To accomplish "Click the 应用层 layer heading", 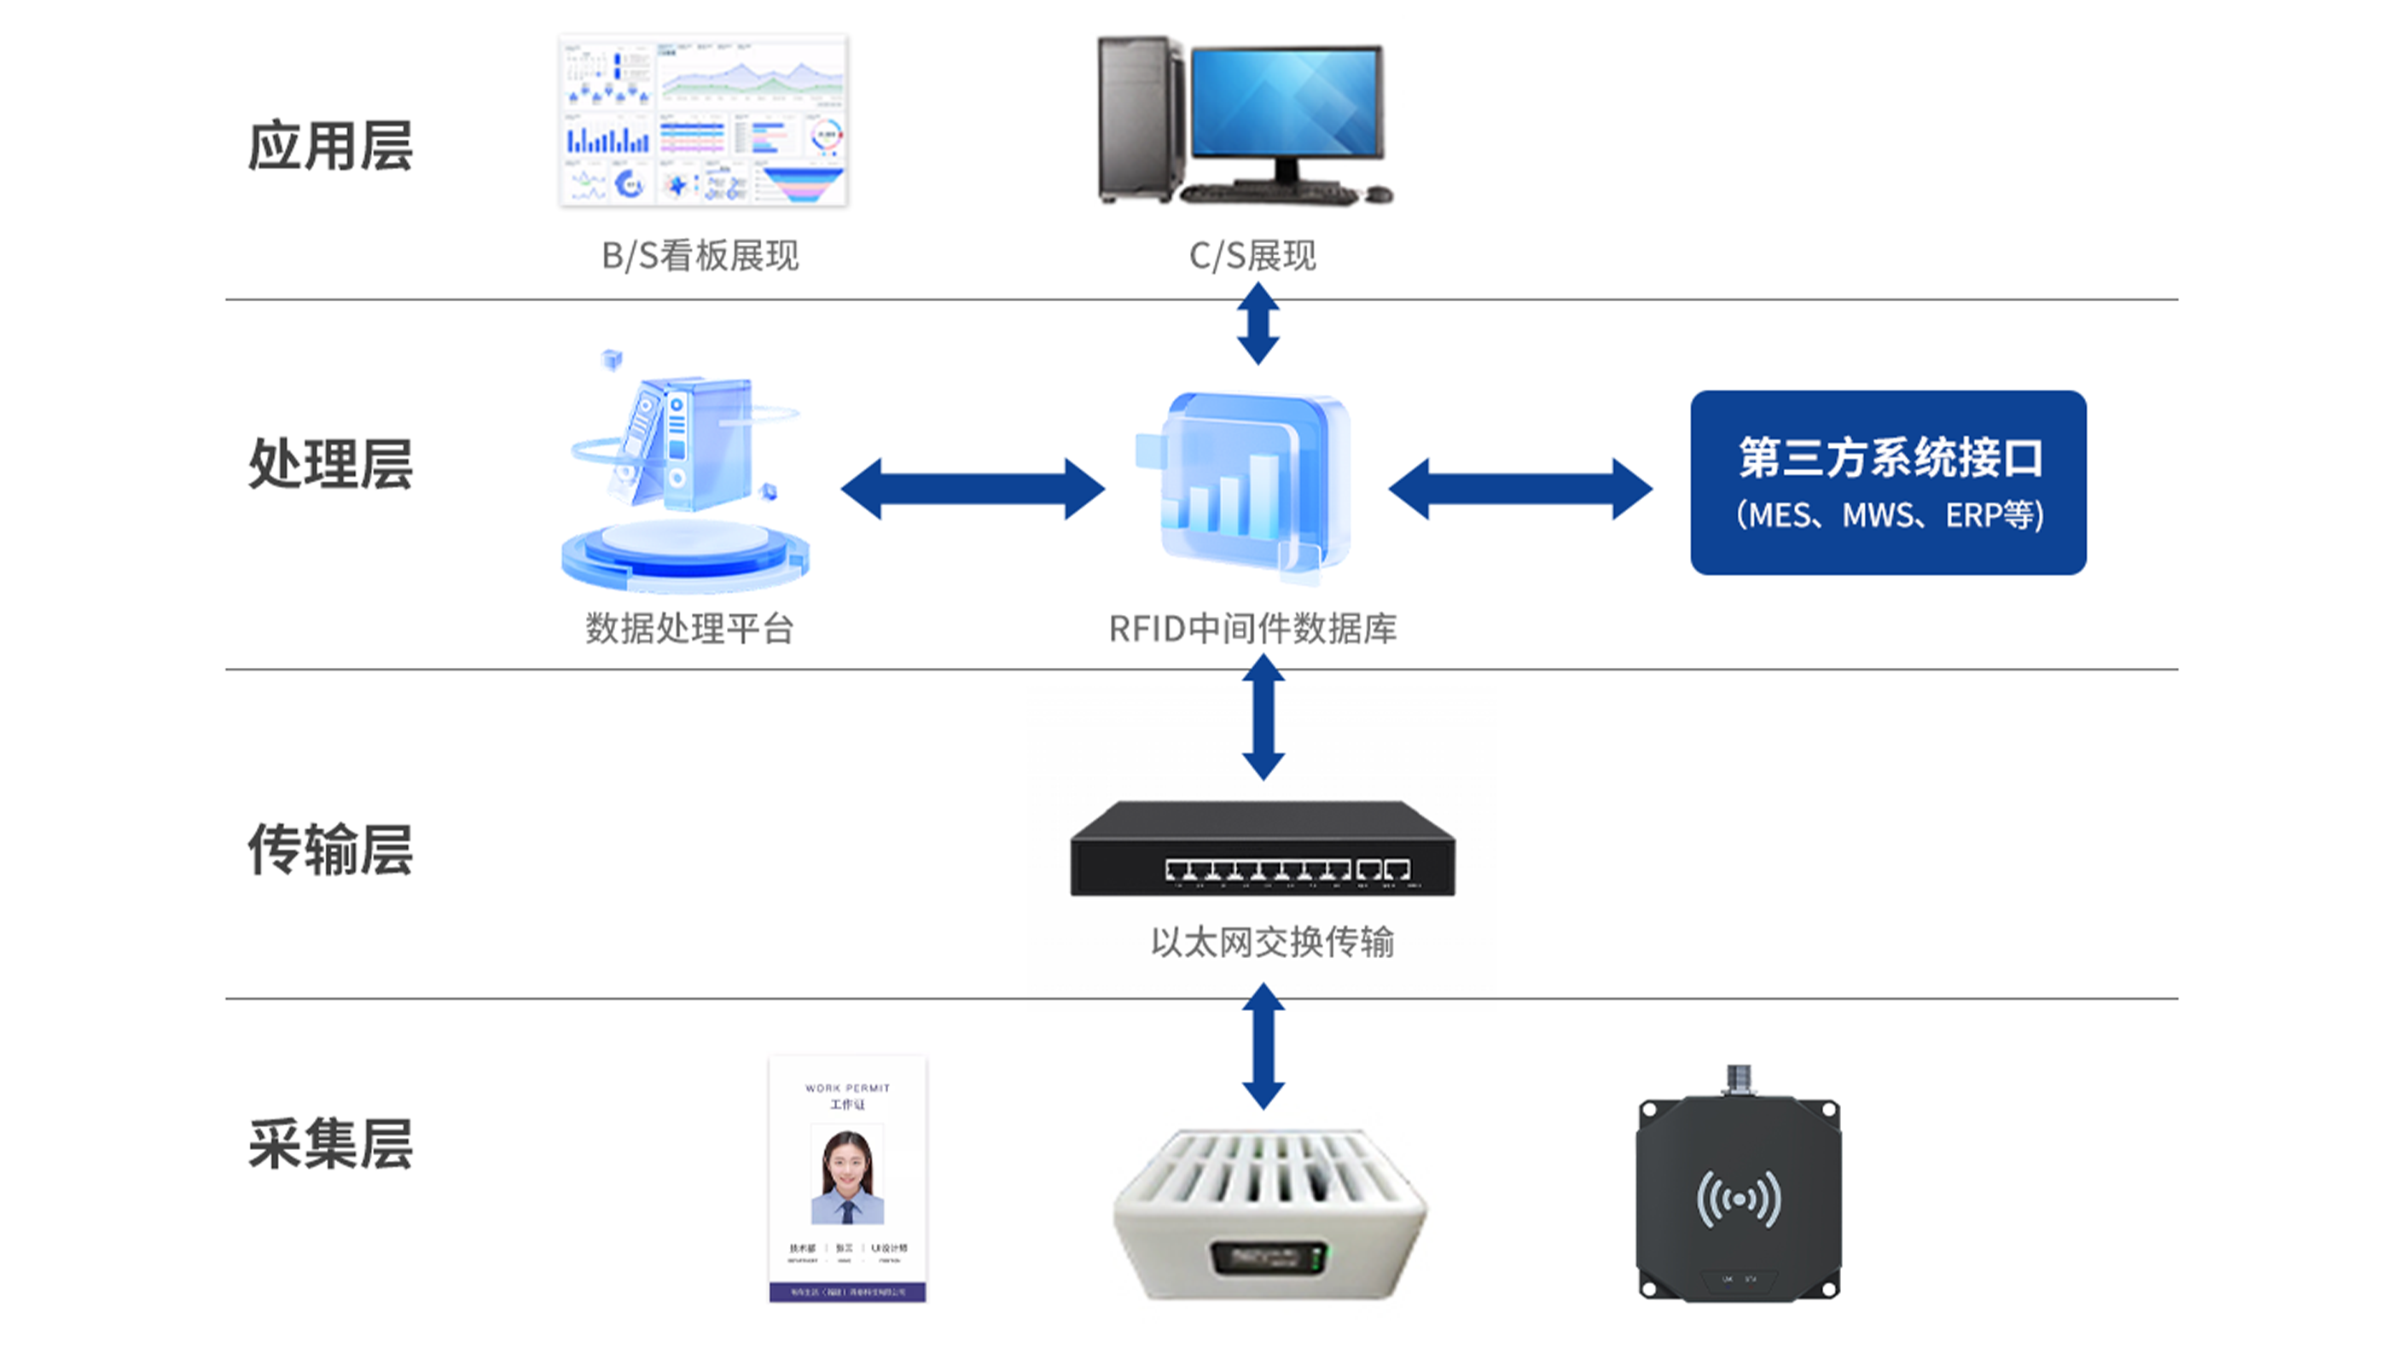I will point(330,147).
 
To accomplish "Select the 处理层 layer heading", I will point(330,464).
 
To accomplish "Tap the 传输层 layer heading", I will point(330,850).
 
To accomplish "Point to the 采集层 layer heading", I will point(330,1144).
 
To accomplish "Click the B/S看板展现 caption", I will point(700,256).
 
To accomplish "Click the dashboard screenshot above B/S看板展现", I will point(703,119).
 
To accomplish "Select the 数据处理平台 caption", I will point(690,629).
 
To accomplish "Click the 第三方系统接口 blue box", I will point(1888,482).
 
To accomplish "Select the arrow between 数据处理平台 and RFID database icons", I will point(973,488).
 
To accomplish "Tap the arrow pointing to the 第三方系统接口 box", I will point(1520,488).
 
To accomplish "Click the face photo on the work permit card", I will point(847,1174).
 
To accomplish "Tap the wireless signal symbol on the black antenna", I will point(1739,1198).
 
